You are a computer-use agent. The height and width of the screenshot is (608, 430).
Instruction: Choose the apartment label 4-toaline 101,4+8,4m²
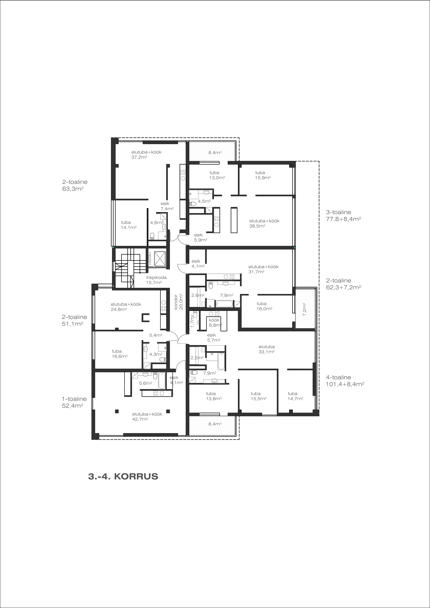click(345, 381)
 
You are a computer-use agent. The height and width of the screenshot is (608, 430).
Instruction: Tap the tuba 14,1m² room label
click(129, 225)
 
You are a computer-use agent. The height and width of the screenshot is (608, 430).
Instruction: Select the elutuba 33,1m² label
click(267, 349)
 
